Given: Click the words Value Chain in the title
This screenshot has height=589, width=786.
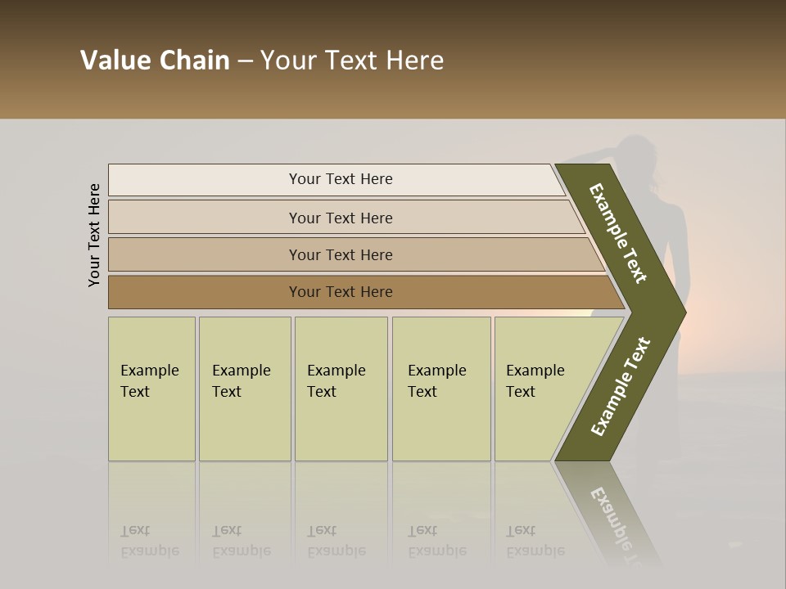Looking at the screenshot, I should point(155,61).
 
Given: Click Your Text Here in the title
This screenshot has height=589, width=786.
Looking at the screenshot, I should point(352,61).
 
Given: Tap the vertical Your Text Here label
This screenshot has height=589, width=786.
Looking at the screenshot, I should point(94,235).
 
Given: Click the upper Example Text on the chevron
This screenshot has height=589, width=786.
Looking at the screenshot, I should point(618,232).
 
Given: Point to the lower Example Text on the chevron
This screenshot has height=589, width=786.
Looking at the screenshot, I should point(621,387).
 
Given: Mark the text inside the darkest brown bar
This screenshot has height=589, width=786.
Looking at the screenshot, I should point(341,292).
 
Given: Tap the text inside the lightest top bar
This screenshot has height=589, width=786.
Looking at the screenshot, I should point(341,179).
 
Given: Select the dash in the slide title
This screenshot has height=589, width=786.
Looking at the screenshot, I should point(245,61).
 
